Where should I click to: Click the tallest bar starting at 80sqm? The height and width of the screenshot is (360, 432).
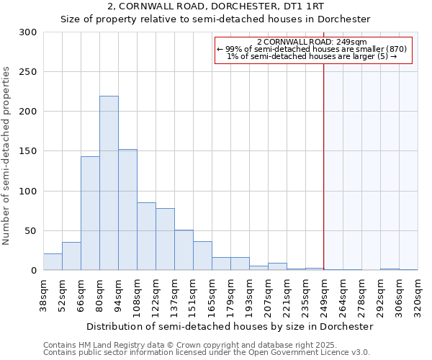pyautogui.click(x=109, y=184)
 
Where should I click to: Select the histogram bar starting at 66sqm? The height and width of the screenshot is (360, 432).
pyautogui.click(x=90, y=213)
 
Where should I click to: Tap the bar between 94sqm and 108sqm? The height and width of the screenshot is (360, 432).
pyautogui.click(x=127, y=210)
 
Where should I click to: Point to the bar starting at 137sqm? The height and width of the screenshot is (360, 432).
pyautogui.click(x=184, y=250)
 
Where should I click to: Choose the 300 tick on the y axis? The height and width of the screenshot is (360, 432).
pyautogui.click(x=28, y=32)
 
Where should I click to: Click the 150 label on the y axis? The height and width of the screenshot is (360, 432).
pyautogui.click(x=28, y=151)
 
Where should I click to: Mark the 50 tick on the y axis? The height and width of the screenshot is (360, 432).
pyautogui.click(x=31, y=231)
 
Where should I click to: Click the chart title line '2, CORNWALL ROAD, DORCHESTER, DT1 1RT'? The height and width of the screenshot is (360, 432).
pyautogui.click(x=216, y=6)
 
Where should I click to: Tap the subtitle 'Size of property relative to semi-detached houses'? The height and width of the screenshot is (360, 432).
pyautogui.click(x=216, y=19)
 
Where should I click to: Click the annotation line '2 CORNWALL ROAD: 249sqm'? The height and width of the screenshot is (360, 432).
pyautogui.click(x=312, y=42)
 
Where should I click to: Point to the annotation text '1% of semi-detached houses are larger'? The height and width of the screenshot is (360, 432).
pyautogui.click(x=312, y=56)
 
